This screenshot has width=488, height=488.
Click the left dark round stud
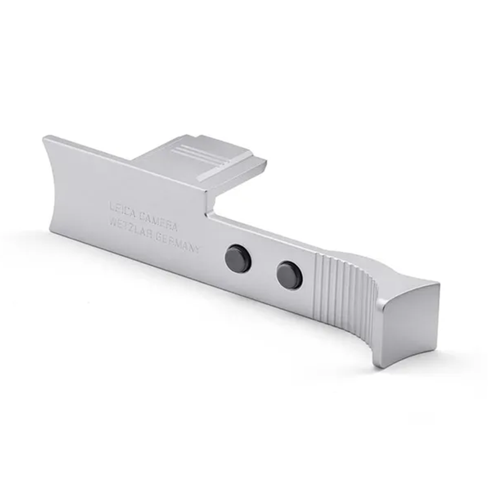238,257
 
